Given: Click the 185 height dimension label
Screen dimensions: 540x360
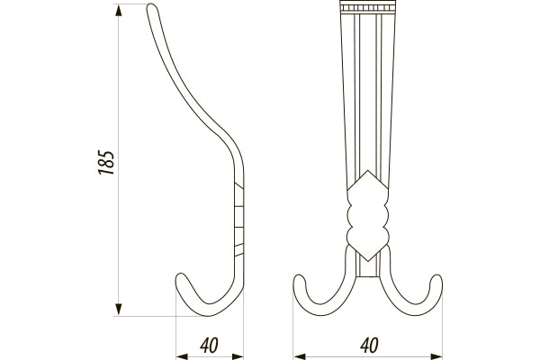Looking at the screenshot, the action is tap(106, 162).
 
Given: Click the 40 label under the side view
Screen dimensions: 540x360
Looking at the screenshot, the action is tap(210, 346).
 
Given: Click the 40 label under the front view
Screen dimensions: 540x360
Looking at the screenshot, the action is tap(370, 346).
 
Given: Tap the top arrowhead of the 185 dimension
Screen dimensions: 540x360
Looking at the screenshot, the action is tap(119, 10).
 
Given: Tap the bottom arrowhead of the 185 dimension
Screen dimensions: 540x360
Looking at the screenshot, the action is tap(119, 310).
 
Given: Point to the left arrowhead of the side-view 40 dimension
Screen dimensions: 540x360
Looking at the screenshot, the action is tap(182, 356).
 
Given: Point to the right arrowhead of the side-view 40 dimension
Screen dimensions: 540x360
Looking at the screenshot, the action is tap(238, 356).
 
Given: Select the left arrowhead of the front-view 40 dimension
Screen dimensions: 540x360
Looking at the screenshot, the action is tap(299, 356).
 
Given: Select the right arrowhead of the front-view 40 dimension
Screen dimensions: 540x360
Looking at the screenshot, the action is tap(436, 356).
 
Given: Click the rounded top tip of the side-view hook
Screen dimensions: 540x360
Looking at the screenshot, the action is tap(152, 6).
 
